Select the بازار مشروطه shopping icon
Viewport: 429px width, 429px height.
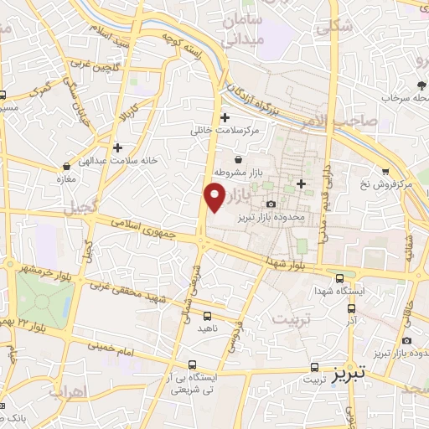239,159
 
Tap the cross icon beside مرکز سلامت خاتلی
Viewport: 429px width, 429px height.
225,118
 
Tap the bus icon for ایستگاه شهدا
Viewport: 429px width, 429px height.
339,279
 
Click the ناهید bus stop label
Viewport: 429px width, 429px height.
207,328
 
